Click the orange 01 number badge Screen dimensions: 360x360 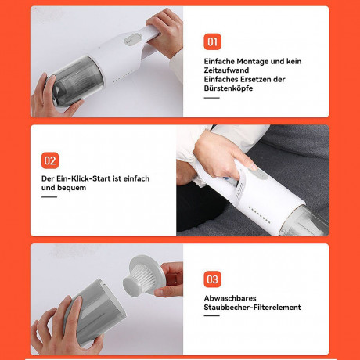pos(212,41)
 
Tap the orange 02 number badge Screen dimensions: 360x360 pos(50,160)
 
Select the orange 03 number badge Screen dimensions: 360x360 pos(212,279)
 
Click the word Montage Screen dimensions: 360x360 pos(253,62)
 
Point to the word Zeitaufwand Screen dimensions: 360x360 pos(226,70)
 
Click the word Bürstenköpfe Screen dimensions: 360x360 pos(229,88)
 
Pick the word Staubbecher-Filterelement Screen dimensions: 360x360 pos(252,308)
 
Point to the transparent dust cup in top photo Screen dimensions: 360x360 pos(76,81)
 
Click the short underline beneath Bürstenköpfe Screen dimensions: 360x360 pos(211,98)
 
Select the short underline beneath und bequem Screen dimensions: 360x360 pos(49,197)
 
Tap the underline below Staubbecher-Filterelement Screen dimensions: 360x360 pos(211,315)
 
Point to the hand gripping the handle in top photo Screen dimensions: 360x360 pos(166,31)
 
